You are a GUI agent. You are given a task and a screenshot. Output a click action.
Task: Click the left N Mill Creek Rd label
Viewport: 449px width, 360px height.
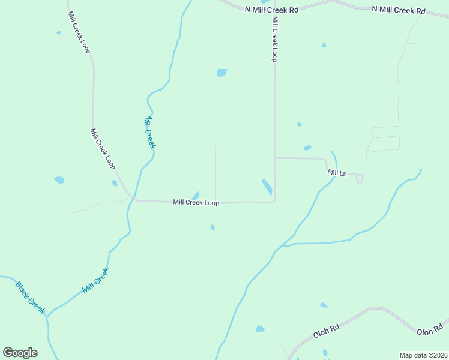272,10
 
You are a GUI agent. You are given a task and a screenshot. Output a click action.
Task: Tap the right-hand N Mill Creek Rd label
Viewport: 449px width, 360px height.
398,10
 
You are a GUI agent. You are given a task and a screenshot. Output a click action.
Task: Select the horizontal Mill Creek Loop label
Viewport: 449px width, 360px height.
196,203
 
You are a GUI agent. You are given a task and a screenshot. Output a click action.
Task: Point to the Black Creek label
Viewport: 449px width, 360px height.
31,297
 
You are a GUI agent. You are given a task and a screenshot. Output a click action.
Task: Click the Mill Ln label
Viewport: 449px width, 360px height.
337,173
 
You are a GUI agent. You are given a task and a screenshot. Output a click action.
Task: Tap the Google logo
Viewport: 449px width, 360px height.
20,353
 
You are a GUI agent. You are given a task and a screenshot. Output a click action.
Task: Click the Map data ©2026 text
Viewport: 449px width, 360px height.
423,355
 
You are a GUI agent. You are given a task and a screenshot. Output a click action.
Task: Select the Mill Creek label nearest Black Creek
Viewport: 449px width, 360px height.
96,280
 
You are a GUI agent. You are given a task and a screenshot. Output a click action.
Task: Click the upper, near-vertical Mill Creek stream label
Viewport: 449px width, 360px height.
150,132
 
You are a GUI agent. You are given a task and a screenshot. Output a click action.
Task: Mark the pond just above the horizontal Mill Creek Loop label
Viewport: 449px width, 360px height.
196,195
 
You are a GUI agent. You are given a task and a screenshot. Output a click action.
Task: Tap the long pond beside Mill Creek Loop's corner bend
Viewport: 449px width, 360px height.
267,187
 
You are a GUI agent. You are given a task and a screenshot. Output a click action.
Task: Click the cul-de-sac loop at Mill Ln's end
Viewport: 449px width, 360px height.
359,178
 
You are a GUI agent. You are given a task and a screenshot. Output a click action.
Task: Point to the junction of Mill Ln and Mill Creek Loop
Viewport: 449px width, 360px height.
275,158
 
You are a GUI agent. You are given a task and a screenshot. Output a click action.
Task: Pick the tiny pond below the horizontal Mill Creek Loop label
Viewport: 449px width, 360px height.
212,227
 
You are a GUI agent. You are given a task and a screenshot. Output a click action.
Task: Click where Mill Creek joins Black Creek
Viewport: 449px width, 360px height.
47,314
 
